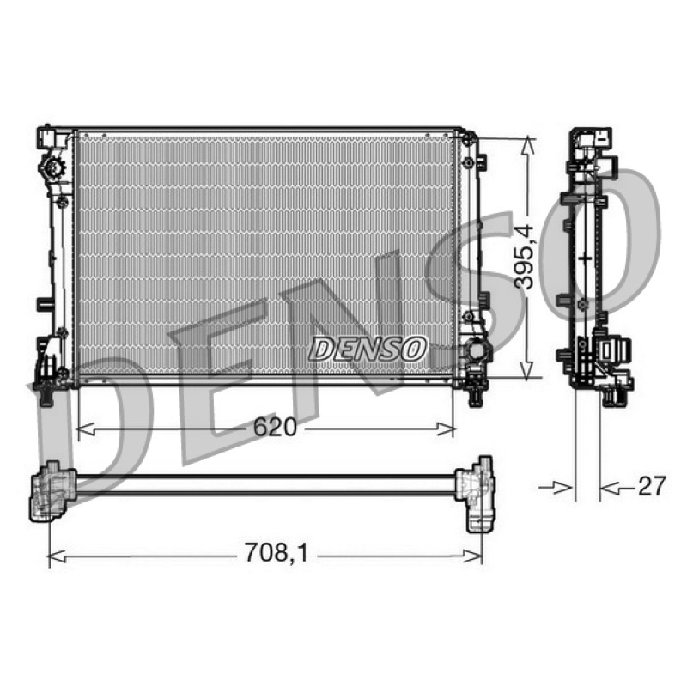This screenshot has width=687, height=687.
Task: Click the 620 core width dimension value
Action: coord(275,427)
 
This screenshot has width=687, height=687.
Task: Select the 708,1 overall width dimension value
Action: coord(276,553)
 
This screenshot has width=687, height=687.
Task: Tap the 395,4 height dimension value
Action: coord(524,257)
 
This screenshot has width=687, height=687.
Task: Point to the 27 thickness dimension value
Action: coord(652,486)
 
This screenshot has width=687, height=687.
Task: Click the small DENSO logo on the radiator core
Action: coord(368,350)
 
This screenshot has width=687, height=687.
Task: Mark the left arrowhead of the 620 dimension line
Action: coord(85,429)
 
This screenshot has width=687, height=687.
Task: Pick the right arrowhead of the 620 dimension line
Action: coord(446,429)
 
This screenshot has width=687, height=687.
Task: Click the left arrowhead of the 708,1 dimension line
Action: coord(57,556)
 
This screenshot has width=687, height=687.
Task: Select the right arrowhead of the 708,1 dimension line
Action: coord(473,556)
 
